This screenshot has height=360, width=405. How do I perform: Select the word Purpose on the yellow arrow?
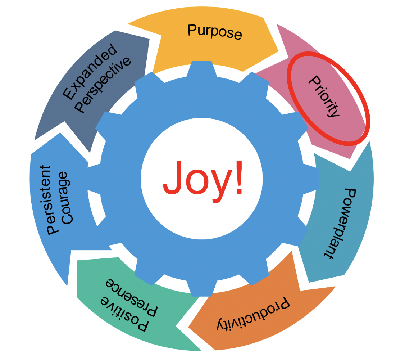tap(215, 31)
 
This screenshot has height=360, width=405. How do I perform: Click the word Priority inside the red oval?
tap(324, 96)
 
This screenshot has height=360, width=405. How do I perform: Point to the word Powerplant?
tap(339, 223)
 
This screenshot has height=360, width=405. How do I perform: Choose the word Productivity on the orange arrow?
tap(253, 314)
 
